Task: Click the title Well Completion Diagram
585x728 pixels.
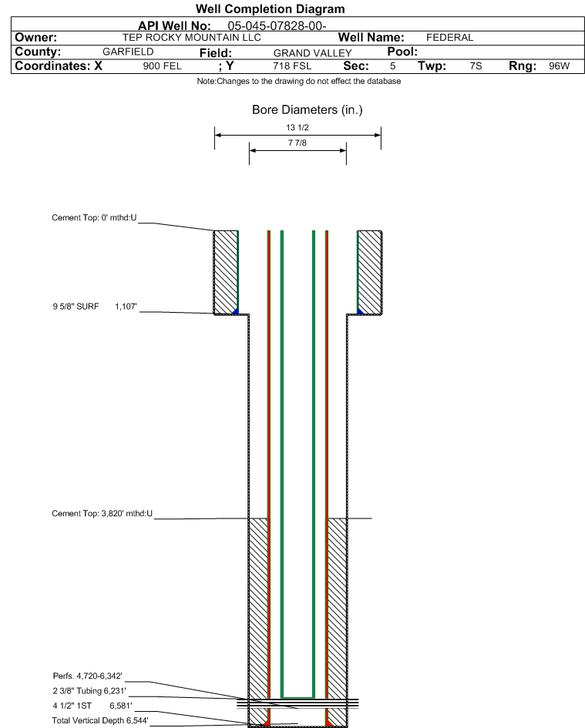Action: pyautogui.click(x=270, y=8)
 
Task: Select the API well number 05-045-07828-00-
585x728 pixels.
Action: pyautogui.click(x=277, y=26)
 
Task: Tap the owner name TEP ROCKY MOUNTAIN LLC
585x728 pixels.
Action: pyautogui.click(x=191, y=38)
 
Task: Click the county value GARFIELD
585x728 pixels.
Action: pyautogui.click(x=128, y=52)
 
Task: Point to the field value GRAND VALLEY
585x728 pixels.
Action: pyautogui.click(x=312, y=53)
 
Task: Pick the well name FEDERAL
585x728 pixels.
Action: pyautogui.click(x=449, y=38)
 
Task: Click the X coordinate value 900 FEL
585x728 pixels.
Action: pyautogui.click(x=162, y=66)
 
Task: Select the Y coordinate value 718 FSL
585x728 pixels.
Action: pyautogui.click(x=292, y=66)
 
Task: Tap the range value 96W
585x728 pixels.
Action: pyautogui.click(x=559, y=66)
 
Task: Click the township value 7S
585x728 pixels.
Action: pyautogui.click(x=476, y=66)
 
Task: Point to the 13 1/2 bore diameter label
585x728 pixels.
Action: pyautogui.click(x=298, y=127)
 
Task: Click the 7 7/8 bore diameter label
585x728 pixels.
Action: pyautogui.click(x=298, y=143)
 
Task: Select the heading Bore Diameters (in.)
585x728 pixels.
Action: pyautogui.click(x=307, y=110)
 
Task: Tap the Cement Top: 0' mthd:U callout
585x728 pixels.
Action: pyautogui.click(x=94, y=218)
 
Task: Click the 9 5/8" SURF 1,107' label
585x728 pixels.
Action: pyautogui.click(x=95, y=307)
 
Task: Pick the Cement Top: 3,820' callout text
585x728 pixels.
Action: pyautogui.click(x=103, y=514)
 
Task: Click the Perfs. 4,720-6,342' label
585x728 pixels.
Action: pyautogui.click(x=87, y=676)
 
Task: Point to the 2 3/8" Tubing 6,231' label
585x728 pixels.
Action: pyautogui.click(x=89, y=691)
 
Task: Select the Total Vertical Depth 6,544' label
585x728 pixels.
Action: pyautogui.click(x=100, y=720)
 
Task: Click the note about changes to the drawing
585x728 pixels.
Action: pyautogui.click(x=299, y=81)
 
